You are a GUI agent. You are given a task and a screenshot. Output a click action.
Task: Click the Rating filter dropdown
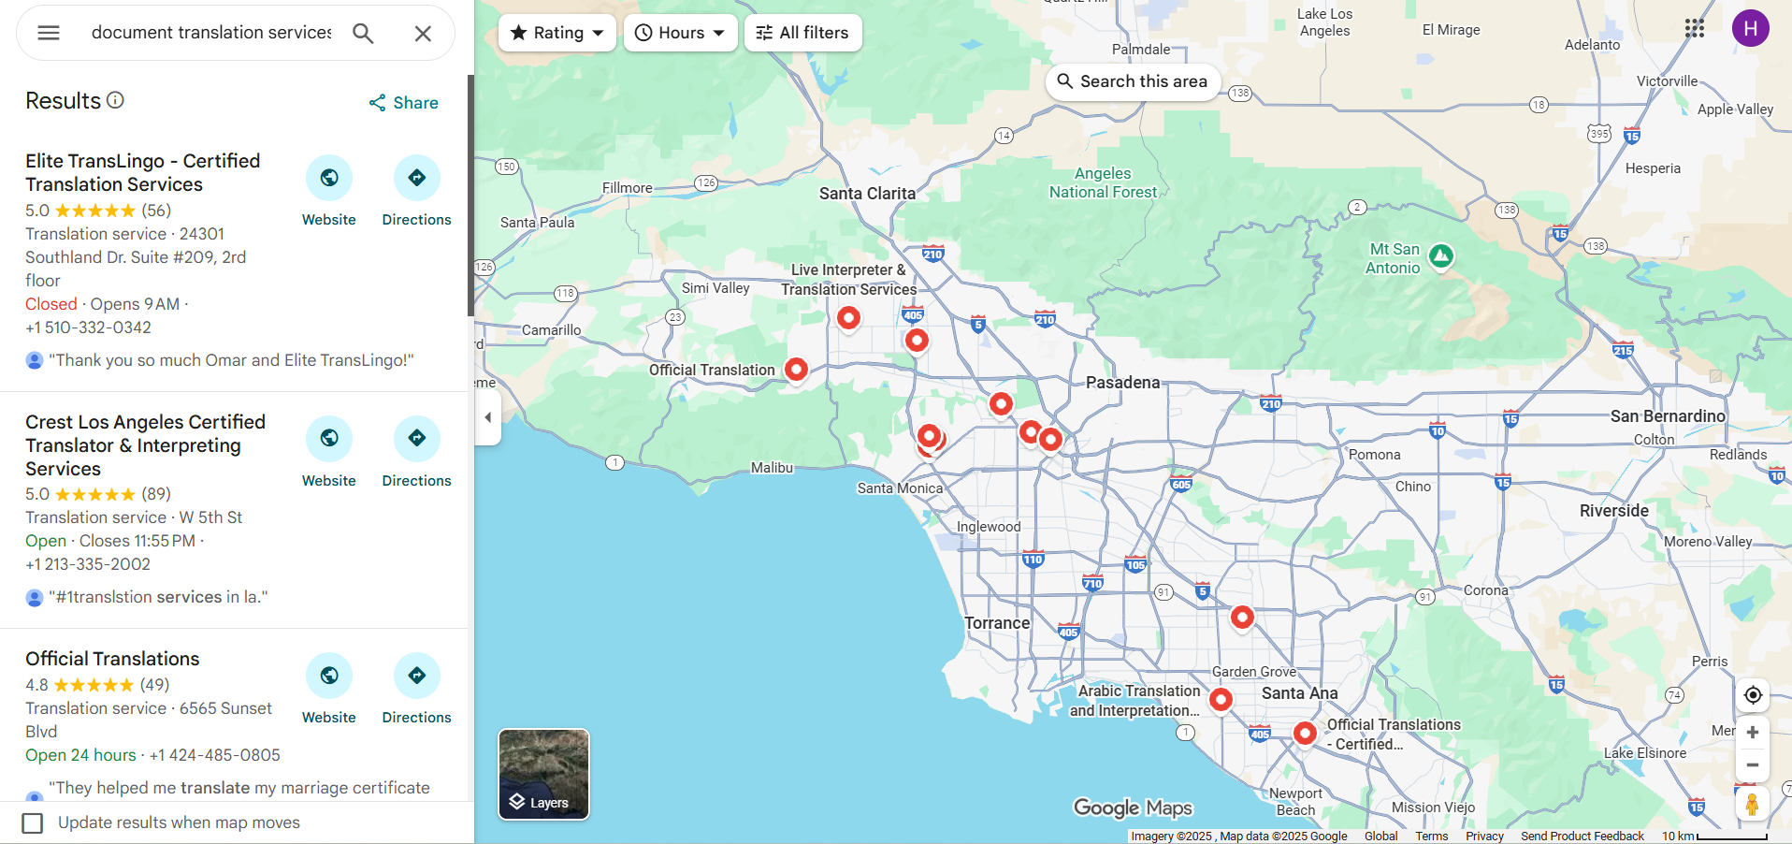(x=557, y=33)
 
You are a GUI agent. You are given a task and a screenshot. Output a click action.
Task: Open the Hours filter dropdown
(x=680, y=33)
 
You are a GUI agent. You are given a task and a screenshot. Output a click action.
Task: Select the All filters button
(x=802, y=33)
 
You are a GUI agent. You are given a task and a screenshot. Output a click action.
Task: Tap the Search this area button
(x=1133, y=81)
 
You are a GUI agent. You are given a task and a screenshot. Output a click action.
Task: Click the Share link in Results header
(x=404, y=103)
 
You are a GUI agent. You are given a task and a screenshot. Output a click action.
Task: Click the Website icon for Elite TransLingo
(x=329, y=178)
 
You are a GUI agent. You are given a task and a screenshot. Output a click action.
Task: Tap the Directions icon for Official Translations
(x=417, y=676)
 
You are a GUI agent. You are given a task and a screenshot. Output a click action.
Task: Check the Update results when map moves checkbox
(x=33, y=822)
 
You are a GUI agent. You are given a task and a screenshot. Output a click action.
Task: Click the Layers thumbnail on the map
(x=543, y=774)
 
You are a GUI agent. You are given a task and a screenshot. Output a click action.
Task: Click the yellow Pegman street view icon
(x=1752, y=804)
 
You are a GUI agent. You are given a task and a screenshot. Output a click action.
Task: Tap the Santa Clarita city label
(x=867, y=194)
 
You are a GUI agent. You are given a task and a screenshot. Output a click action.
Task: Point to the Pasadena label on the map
(x=1122, y=383)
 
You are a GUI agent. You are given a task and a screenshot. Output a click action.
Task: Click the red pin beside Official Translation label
(x=796, y=369)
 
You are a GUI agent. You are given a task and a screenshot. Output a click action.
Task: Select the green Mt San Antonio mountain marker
(x=1441, y=255)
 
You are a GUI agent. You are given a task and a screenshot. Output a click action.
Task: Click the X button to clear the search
(x=423, y=34)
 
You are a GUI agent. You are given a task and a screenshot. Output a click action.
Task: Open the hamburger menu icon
(x=49, y=33)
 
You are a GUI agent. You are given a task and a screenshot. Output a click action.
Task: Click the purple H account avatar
(x=1750, y=29)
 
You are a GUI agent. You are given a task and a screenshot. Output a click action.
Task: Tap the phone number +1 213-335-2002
(x=88, y=564)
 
